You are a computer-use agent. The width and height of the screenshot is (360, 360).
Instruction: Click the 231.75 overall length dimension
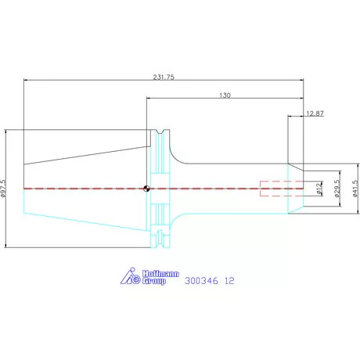[164, 77]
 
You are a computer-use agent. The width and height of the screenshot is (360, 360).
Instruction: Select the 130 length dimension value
[225, 95]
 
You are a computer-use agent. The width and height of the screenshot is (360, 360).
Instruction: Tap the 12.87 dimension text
[315, 113]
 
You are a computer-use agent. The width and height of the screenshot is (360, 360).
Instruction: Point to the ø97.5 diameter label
[3, 188]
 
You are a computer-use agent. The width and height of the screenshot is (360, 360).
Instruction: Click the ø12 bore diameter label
[319, 189]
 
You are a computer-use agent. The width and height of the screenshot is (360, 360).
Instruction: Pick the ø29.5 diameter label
[337, 188]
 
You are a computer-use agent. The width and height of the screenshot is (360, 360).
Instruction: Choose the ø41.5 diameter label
[355, 189]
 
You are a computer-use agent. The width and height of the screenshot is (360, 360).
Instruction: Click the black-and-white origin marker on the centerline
[146, 189]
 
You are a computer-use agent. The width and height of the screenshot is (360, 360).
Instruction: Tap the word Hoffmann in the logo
[160, 274]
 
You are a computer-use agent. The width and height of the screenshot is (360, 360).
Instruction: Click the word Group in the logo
[154, 281]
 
